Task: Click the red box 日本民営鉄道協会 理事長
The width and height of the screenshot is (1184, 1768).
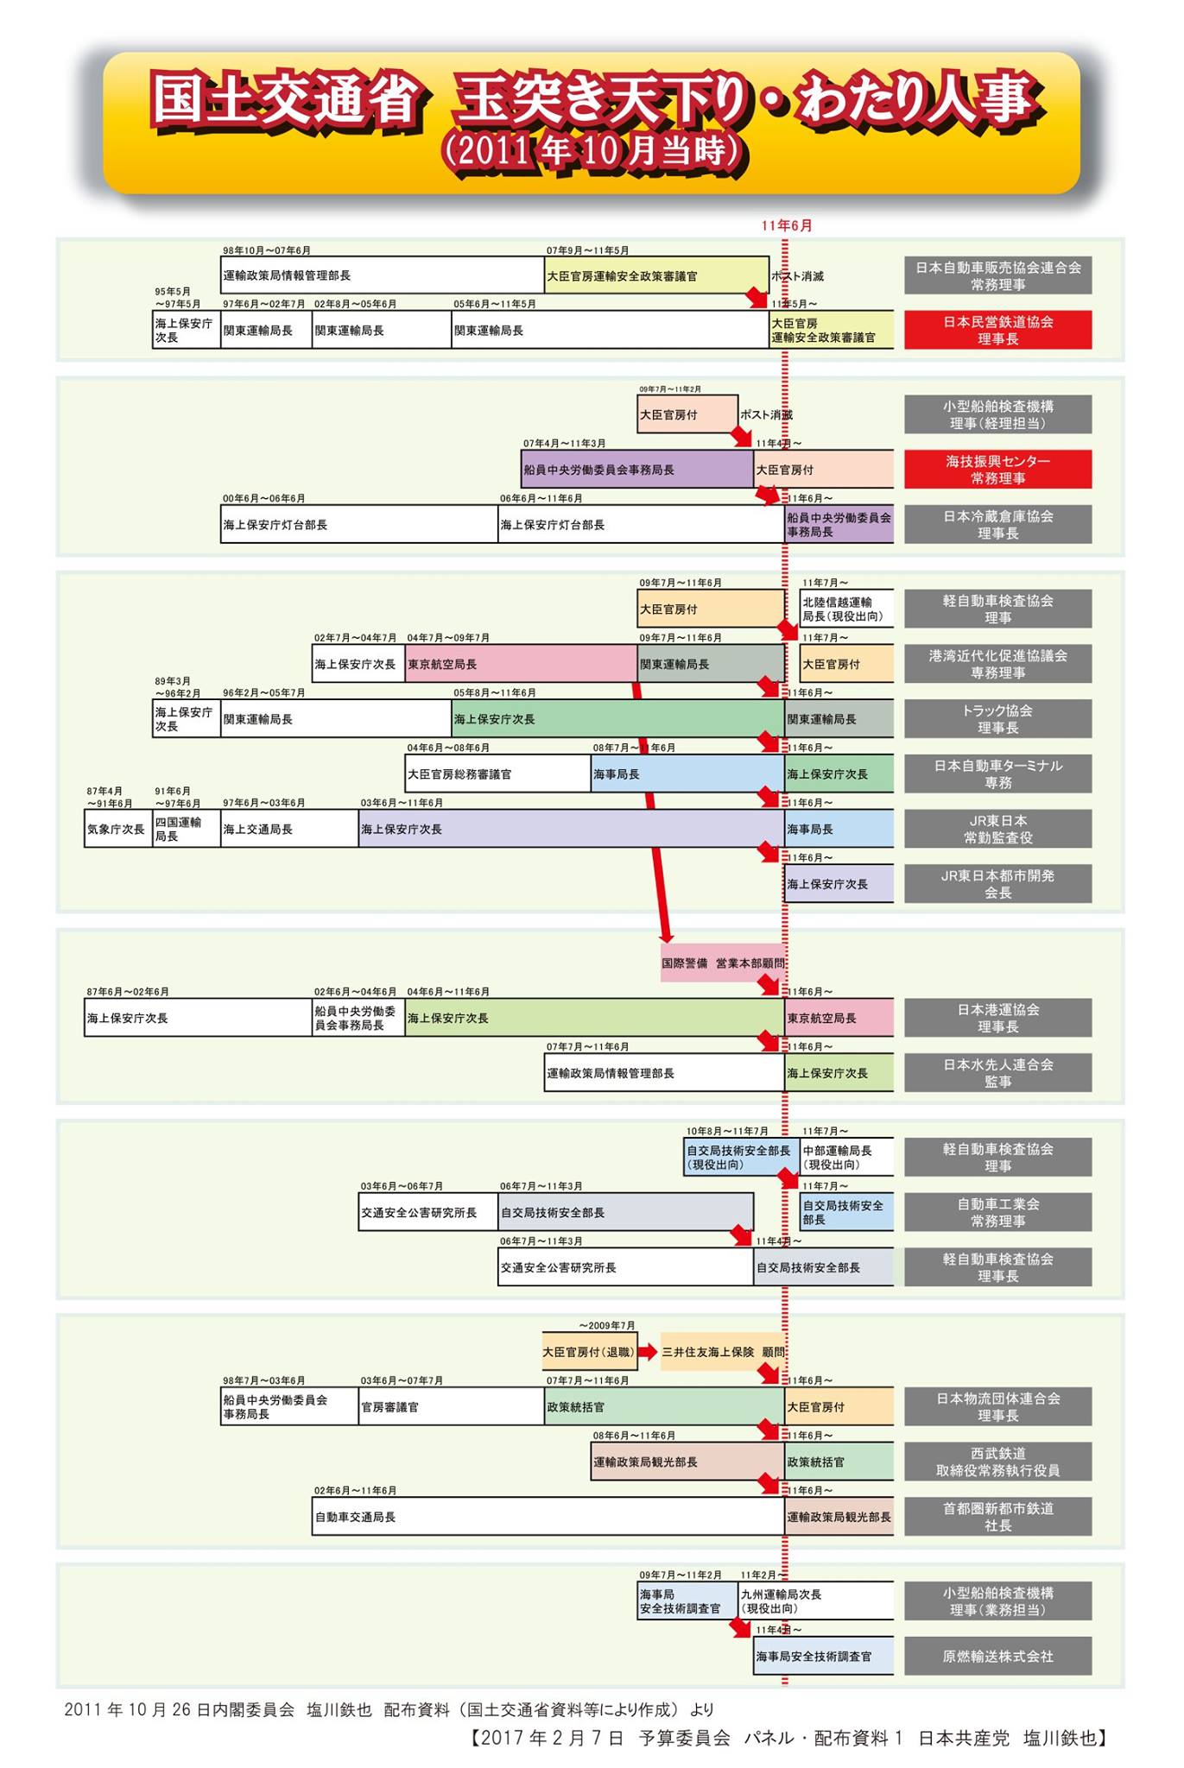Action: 997,330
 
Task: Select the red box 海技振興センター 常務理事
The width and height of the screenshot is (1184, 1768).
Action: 997,470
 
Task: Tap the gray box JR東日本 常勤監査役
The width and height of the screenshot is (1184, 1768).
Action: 997,829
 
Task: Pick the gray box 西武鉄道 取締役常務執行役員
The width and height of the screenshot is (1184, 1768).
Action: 997,1462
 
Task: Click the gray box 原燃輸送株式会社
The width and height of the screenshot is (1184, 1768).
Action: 997,1656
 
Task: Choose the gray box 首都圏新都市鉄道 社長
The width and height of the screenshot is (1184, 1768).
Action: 997,1517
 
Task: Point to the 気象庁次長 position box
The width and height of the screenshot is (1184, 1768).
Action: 117,829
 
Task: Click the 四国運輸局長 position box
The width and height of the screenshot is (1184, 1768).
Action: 186,829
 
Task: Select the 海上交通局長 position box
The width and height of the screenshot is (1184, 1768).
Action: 289,829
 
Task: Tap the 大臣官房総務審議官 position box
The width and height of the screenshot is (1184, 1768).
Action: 497,773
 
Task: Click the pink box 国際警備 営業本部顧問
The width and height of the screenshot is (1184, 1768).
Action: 723,963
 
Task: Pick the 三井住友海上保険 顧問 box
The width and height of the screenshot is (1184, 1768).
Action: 723,1352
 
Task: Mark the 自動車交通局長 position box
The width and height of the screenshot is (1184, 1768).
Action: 548,1517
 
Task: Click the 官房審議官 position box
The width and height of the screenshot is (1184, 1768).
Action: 451,1407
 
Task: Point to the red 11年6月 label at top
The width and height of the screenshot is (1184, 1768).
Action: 786,225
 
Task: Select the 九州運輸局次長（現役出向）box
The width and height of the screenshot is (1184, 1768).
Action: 816,1601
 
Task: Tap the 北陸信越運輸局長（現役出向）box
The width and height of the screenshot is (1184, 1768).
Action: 846,609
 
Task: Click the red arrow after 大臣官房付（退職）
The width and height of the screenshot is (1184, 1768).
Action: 648,1352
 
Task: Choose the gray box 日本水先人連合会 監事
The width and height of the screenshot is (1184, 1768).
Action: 997,1072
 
